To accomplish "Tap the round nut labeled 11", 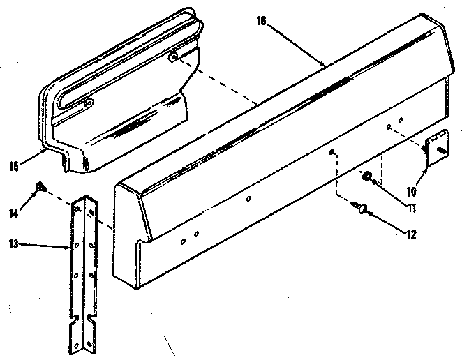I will coord(367,178).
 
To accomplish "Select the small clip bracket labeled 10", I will coord(435,148).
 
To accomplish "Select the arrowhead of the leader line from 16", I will coord(325,65).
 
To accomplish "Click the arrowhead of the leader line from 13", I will coord(68,246).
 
